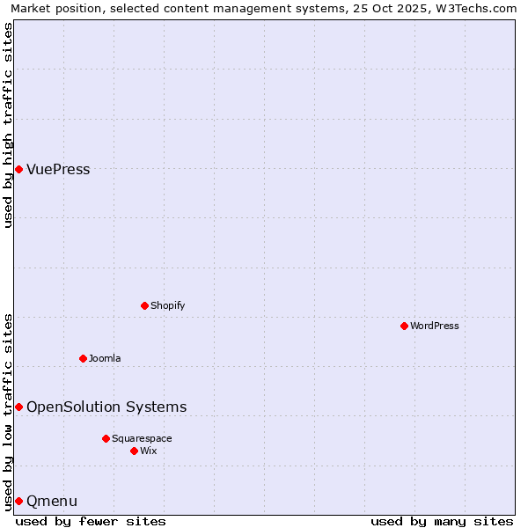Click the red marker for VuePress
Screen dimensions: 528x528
(18, 169)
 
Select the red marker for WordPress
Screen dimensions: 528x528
(404, 326)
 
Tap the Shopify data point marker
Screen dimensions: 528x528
(144, 305)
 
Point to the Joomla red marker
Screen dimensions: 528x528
(83, 358)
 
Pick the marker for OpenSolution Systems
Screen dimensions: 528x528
(18, 407)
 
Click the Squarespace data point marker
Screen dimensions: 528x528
(106, 438)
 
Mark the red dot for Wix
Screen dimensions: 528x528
(134, 451)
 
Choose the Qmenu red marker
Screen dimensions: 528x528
(18, 501)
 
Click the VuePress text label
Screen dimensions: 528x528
(58, 170)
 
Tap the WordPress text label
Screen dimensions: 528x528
(435, 326)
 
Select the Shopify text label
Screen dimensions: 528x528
(167, 305)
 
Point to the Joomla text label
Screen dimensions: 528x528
(105, 358)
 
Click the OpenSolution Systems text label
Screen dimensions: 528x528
(106, 407)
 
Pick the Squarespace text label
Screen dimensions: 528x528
(142, 438)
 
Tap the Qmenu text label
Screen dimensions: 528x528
(52, 501)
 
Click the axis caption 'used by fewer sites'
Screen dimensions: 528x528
(91, 521)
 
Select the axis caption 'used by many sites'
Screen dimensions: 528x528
(442, 521)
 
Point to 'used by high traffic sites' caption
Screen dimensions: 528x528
(8, 125)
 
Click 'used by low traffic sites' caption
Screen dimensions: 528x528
(8, 411)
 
